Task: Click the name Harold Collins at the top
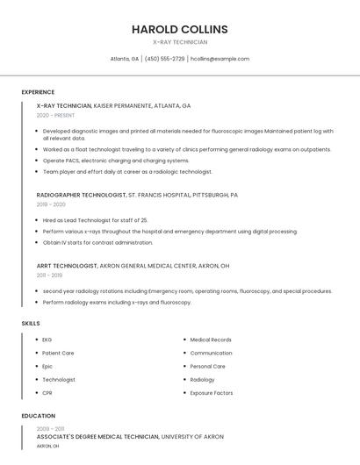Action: coord(179,29)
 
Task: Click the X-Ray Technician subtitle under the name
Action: coord(179,42)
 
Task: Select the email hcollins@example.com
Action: coord(220,59)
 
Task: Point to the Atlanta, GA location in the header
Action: coord(124,59)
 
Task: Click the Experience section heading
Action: coord(38,92)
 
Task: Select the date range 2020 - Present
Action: coord(55,115)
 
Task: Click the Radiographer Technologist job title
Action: coord(81,195)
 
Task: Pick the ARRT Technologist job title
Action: coord(67,265)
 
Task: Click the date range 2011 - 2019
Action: coord(49,275)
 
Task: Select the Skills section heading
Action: coord(31,324)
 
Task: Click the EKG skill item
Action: coord(47,340)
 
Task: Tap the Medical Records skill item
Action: coord(211,340)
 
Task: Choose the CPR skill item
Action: coord(47,392)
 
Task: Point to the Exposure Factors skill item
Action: coord(212,392)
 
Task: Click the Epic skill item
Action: coord(47,366)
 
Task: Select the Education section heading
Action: coord(39,416)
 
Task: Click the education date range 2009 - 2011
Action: coord(50,428)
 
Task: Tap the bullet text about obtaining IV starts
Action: coord(97,242)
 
